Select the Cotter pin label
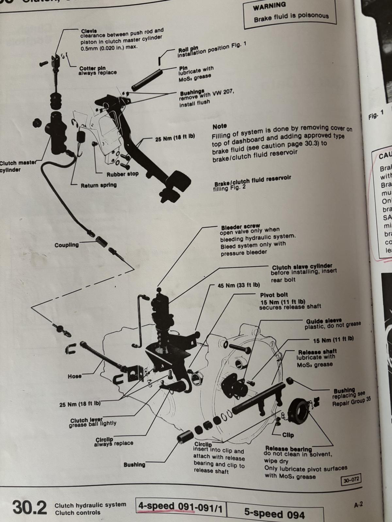[92, 69]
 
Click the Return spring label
[99, 185]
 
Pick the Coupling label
[67, 245]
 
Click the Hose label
[74, 376]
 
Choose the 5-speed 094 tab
[274, 514]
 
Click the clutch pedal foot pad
[177, 178]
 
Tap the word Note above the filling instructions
[219, 126]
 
